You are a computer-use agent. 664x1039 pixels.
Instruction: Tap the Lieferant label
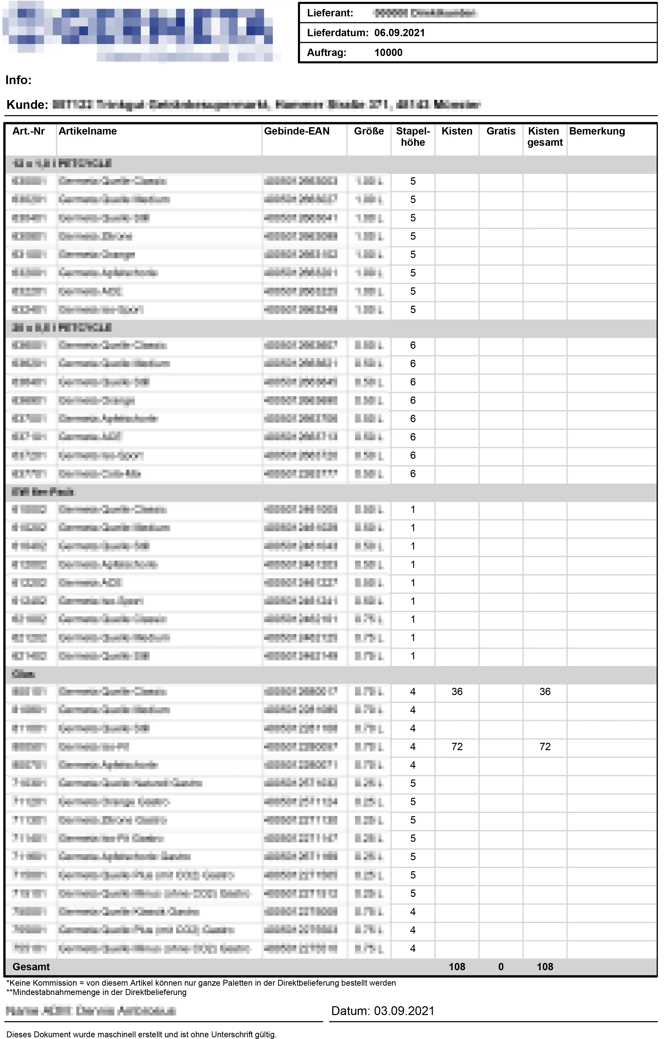330,13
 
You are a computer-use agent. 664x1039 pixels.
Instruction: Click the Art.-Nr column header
28,131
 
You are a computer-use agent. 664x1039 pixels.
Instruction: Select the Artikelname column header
88,131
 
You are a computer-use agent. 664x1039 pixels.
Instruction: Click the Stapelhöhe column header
413,137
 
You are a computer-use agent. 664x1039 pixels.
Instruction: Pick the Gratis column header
501,131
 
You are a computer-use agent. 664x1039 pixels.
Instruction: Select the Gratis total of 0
501,967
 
